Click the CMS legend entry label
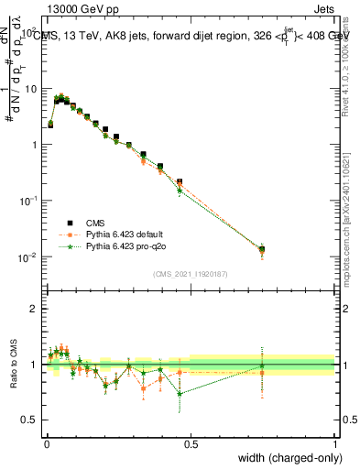[95, 222]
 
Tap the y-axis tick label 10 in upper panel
[31, 89]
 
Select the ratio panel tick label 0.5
[31, 420]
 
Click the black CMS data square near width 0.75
[262, 249]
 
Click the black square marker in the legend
[69, 222]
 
